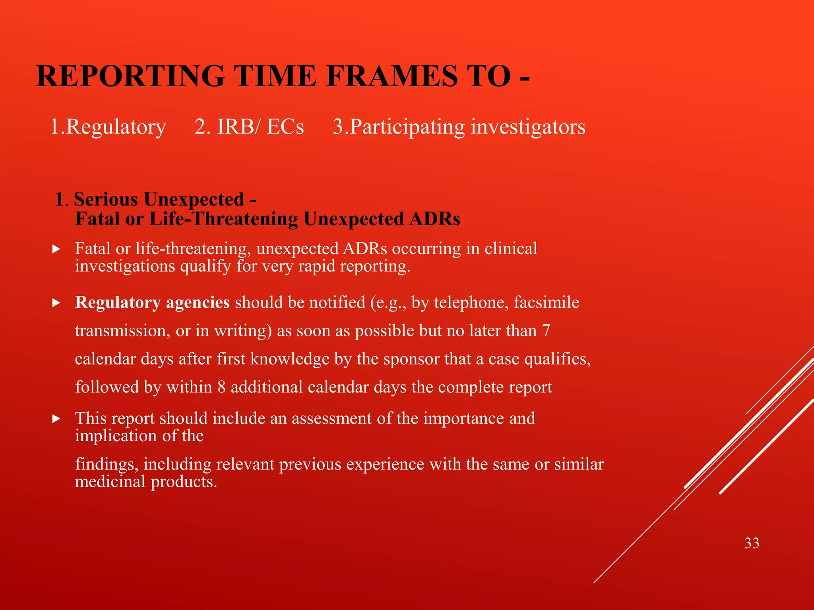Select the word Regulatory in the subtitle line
click(x=116, y=127)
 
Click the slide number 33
click(x=752, y=543)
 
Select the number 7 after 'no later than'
click(x=546, y=330)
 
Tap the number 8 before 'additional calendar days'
click(x=221, y=387)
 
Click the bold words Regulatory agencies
click(x=152, y=303)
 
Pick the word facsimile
click(x=547, y=303)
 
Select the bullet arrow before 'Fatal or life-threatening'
click(x=56, y=249)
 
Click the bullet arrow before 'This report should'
click(x=56, y=419)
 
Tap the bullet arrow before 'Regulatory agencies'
click(x=56, y=303)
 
